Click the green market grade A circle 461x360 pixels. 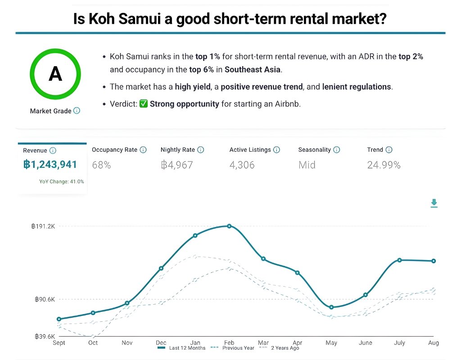click(x=55, y=74)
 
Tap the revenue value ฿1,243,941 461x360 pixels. click(x=50, y=165)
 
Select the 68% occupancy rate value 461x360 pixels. click(x=101, y=165)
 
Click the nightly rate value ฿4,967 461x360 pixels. click(x=176, y=165)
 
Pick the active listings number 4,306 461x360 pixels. click(x=242, y=165)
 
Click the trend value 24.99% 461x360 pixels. click(x=384, y=165)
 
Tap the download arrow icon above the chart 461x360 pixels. click(x=434, y=203)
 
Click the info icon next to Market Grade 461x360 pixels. click(x=77, y=111)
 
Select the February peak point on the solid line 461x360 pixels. click(x=229, y=226)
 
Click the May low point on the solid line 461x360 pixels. click(x=331, y=307)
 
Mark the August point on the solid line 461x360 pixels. click(x=434, y=261)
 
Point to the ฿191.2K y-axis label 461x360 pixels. click(x=43, y=226)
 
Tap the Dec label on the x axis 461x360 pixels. click(x=161, y=343)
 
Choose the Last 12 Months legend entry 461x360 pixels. click(x=182, y=348)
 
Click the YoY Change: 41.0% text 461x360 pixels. click(x=62, y=182)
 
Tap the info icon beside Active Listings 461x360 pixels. click(x=276, y=150)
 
